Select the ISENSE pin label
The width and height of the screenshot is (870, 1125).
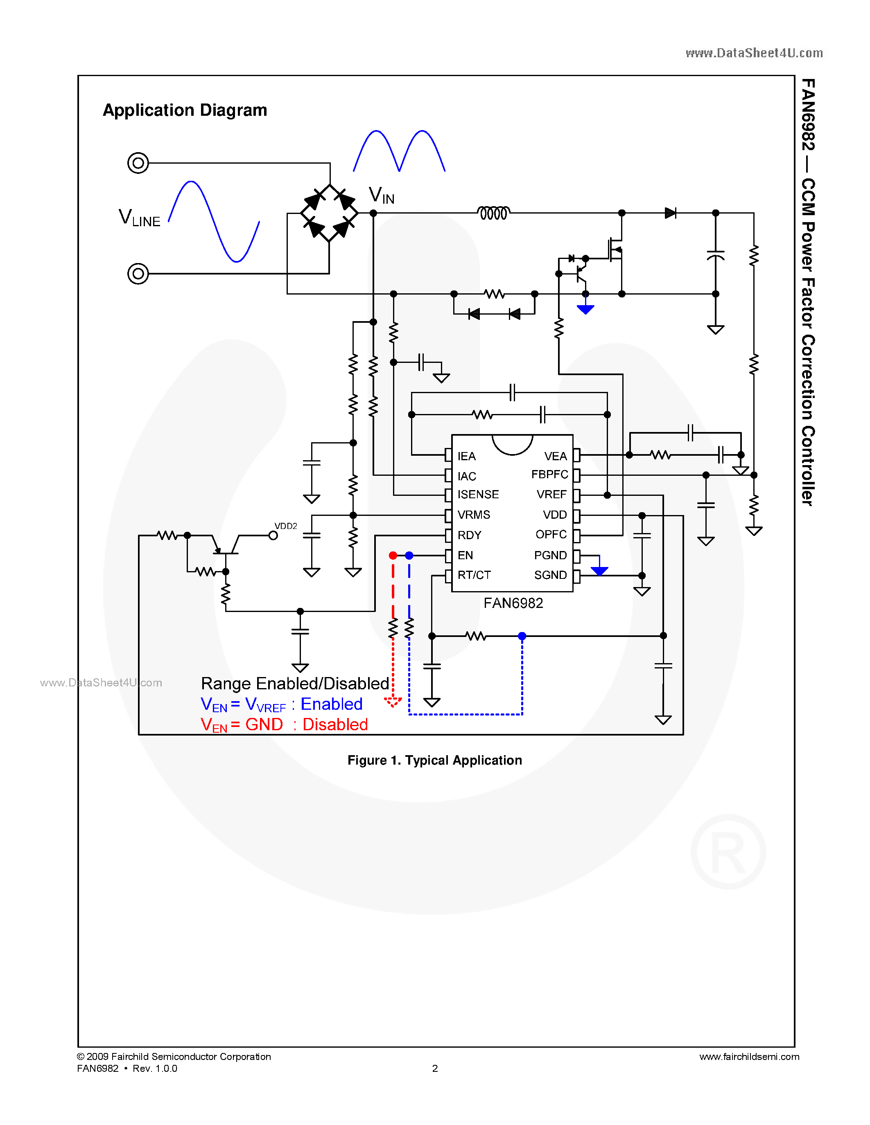[x=478, y=495]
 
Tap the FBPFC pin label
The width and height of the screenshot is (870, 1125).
[x=549, y=475]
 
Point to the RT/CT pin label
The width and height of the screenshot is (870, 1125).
[x=474, y=575]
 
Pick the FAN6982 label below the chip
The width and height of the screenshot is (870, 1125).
[x=513, y=603]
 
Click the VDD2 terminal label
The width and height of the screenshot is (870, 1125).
[x=285, y=526]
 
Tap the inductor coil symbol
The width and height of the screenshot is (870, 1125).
[x=493, y=213]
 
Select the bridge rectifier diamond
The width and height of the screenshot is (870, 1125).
[x=329, y=213]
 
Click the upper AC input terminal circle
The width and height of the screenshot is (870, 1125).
[x=138, y=163]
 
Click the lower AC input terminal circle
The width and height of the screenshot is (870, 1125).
[x=138, y=274]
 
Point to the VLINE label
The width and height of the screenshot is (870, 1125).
[x=139, y=218]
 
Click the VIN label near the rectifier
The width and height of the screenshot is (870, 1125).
[x=382, y=196]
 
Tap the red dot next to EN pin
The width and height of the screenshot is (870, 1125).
[x=393, y=555]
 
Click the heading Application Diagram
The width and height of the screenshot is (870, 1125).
[x=185, y=110]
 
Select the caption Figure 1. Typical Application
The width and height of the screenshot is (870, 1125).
[x=434, y=760]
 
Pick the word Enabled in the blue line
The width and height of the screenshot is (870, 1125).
[x=331, y=704]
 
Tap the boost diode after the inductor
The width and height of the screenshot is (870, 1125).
[x=670, y=213]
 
